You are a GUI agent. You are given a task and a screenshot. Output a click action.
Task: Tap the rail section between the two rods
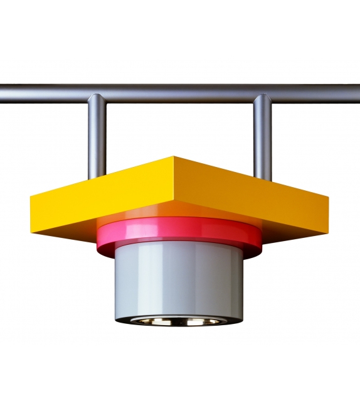pos(179,94)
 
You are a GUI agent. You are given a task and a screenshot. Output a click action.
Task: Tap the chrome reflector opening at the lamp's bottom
pos(179,320)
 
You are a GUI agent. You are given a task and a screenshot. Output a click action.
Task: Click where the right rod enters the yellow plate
pos(263,178)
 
